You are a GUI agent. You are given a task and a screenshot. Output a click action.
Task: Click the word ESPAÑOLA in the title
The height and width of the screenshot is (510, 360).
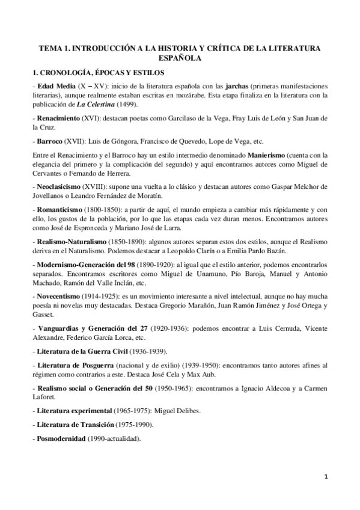coord(180,58)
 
